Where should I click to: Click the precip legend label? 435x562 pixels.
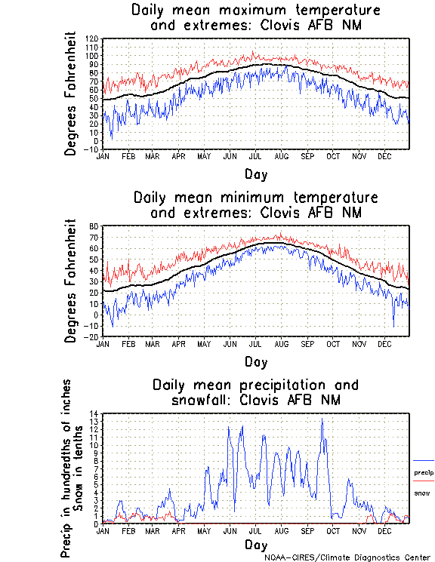click(x=424, y=473)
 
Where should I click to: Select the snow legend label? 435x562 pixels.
click(x=421, y=493)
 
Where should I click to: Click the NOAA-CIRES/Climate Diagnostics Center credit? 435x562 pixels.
click(x=347, y=557)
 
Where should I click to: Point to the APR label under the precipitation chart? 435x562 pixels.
click(x=178, y=530)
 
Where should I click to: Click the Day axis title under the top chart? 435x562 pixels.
click(x=255, y=174)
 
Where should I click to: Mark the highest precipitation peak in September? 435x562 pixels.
click(x=322, y=419)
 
